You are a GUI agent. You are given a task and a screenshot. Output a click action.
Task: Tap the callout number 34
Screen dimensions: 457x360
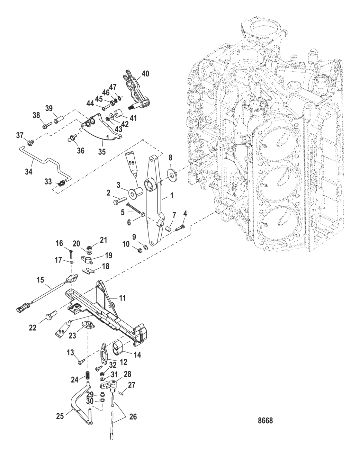point(29,172)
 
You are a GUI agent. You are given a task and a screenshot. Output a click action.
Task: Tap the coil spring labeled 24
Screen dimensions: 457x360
point(86,375)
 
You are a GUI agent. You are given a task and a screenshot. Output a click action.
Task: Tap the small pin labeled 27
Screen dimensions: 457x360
point(121,392)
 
